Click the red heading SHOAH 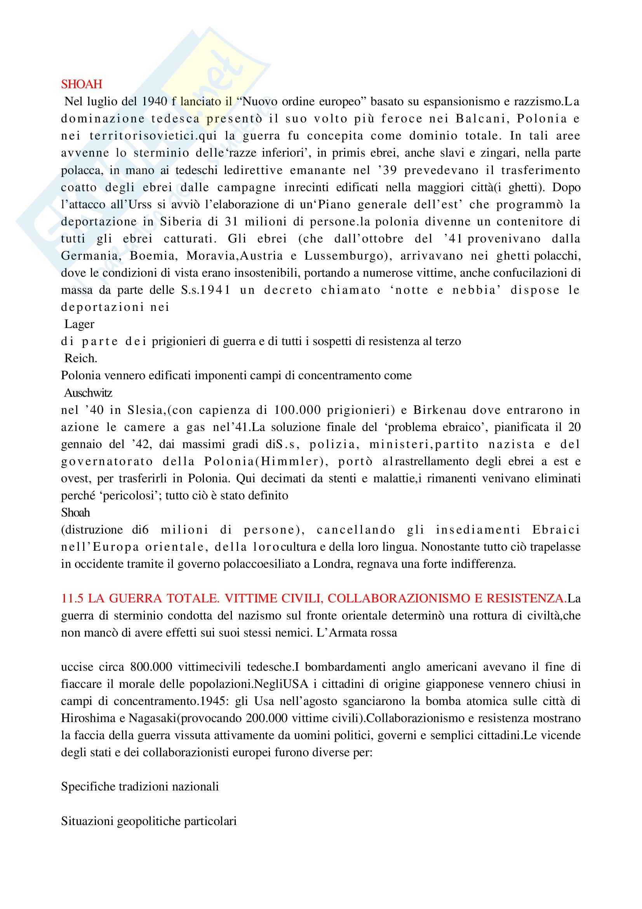tap(82, 84)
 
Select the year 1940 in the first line tap(155, 102)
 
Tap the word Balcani tap(482, 119)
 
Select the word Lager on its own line tap(80, 324)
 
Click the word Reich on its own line tap(80, 358)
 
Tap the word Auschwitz tap(88, 393)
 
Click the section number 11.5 tap(72, 598)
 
